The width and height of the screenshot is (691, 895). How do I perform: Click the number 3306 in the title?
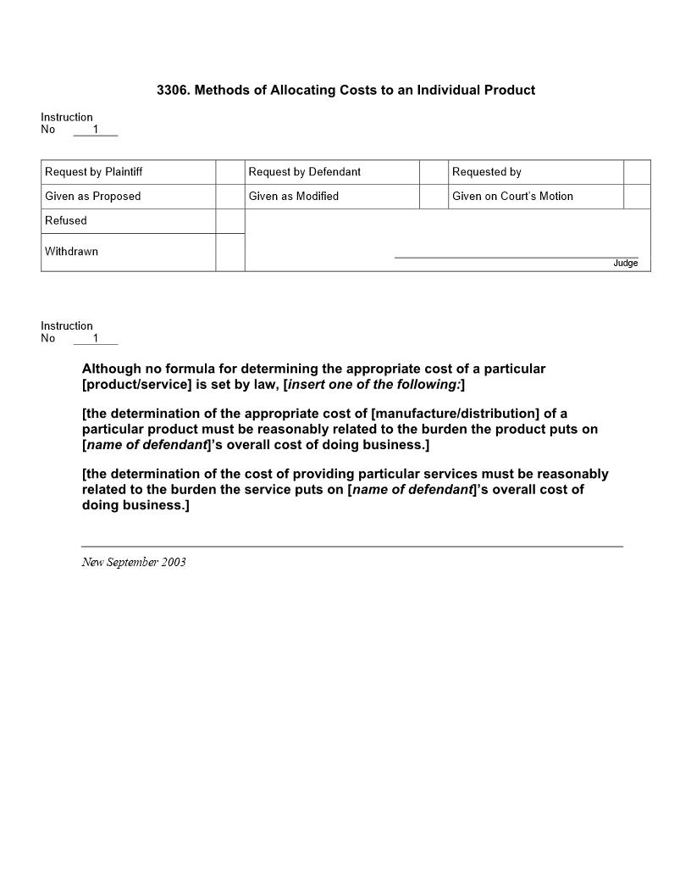(172, 90)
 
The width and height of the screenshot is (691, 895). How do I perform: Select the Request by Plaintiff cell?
(94, 172)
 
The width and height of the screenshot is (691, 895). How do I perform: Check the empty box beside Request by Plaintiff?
(229, 172)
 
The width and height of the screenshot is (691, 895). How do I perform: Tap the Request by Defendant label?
(305, 172)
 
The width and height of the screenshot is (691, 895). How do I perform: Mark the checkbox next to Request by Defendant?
(434, 172)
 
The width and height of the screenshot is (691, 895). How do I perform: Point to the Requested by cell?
(487, 172)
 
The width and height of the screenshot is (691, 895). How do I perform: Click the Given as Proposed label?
(93, 197)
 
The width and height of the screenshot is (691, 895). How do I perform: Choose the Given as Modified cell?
(294, 197)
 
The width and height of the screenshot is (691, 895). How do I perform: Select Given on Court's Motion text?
(512, 197)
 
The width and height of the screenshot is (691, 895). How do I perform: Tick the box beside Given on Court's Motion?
(637, 197)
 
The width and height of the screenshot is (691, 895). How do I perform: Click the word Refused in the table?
(66, 221)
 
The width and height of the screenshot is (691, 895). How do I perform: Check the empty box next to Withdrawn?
(229, 253)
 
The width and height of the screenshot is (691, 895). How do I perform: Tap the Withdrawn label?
(72, 252)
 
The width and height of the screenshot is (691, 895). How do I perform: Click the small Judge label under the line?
(626, 264)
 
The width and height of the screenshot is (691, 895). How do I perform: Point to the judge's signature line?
(517, 257)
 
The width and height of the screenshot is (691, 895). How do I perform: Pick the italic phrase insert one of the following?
(373, 384)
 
